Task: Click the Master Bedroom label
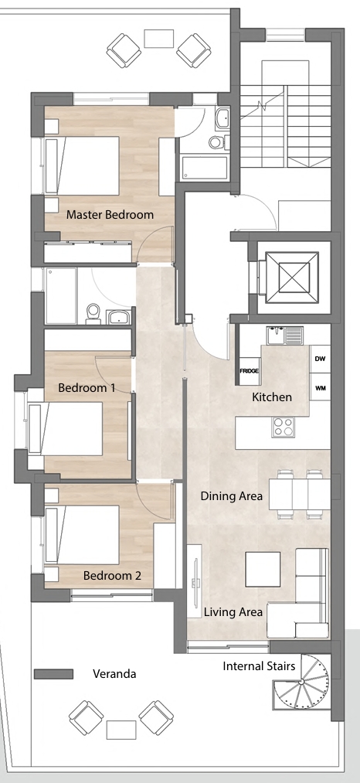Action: coord(110,215)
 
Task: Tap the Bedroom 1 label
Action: coord(87,387)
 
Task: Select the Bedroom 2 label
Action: coord(112,575)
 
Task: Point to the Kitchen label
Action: coord(272,397)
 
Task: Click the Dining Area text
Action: coord(232,496)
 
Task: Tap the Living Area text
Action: coord(233,612)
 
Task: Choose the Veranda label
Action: coord(114,674)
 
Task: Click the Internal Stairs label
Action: coord(259,666)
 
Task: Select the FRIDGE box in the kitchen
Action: coord(250,371)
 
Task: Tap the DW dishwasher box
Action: coord(320,359)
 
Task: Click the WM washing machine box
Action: coord(320,386)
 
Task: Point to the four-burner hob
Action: coord(283,427)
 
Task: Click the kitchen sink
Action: coord(284,335)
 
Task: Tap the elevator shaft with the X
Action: coord(291,277)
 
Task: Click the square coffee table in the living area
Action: coord(263,569)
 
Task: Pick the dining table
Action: coord(299,495)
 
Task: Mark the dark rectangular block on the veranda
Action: coord(53,674)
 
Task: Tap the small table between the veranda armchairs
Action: coord(121,730)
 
